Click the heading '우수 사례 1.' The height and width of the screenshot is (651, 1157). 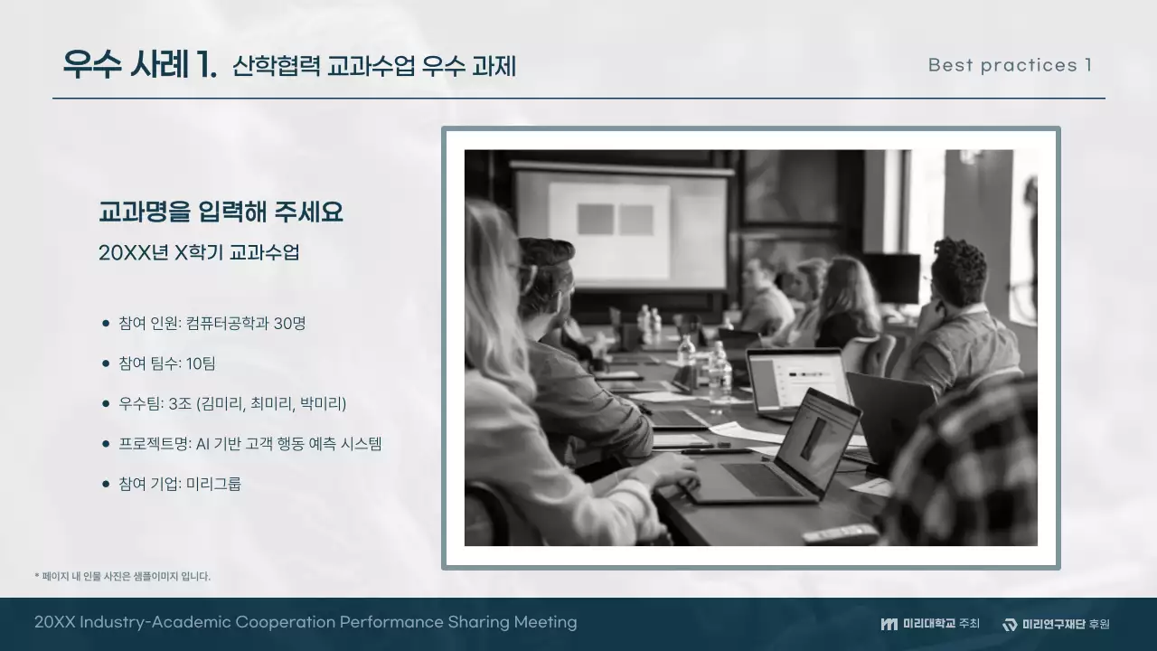(139, 65)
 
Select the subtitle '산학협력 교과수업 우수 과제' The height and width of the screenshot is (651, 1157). (373, 66)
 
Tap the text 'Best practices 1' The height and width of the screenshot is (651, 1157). (1010, 65)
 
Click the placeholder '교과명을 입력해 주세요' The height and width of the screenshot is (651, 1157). (221, 212)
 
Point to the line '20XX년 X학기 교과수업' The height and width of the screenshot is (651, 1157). (199, 252)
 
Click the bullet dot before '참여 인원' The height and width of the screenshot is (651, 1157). (106, 324)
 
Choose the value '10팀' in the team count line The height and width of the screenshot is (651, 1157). (201, 363)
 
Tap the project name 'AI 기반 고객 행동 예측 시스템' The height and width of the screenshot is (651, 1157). (288, 443)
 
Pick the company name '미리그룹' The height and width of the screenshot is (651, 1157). (213, 484)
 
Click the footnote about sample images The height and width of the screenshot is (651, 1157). (122, 576)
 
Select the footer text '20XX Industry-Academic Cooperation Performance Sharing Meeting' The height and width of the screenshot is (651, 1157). (306, 622)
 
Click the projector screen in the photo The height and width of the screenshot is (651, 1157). (619, 226)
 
